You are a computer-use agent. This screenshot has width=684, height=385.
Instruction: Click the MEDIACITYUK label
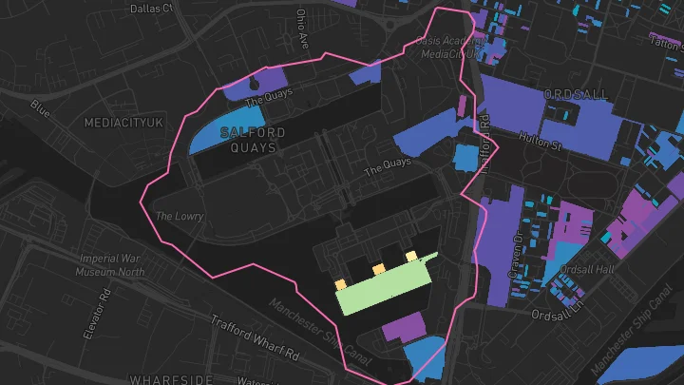(x=124, y=124)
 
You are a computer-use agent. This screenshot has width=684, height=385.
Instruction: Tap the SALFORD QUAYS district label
(x=254, y=140)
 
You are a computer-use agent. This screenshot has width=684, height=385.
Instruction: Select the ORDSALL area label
(x=579, y=94)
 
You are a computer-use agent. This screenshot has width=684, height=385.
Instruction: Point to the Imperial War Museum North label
(x=111, y=264)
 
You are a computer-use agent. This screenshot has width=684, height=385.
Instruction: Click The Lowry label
(x=180, y=216)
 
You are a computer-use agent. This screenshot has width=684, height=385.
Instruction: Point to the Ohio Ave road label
(x=302, y=29)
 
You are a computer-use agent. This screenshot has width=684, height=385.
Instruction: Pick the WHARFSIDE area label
(x=171, y=379)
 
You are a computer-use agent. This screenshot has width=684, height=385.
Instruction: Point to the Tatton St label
(x=666, y=42)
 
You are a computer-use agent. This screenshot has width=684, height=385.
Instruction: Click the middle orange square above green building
(x=378, y=270)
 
